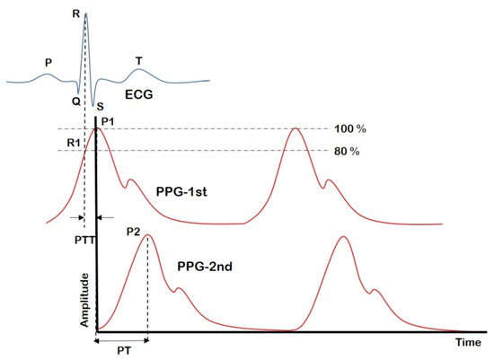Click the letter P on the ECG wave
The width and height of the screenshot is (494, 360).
click(x=48, y=64)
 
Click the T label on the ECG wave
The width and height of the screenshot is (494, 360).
click(x=138, y=61)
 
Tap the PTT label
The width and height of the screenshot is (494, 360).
click(x=83, y=240)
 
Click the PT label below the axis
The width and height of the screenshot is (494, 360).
click(x=120, y=352)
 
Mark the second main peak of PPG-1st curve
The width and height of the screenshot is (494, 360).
click(x=296, y=130)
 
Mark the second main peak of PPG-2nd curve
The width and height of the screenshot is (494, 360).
click(x=344, y=237)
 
